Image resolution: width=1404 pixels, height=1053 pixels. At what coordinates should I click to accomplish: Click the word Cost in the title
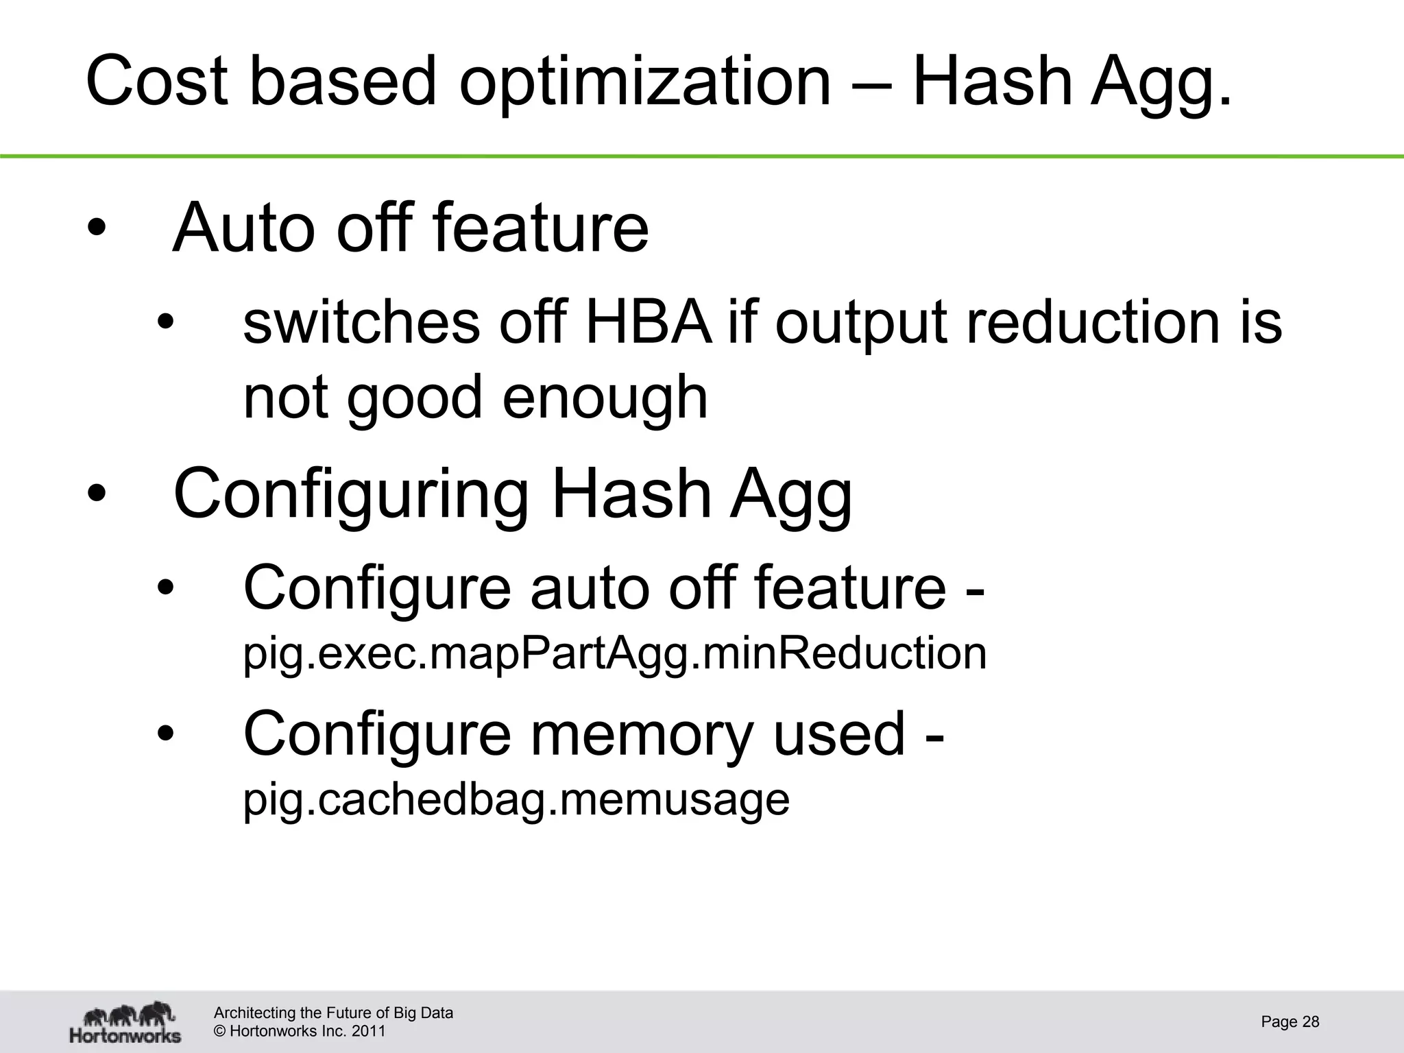(157, 82)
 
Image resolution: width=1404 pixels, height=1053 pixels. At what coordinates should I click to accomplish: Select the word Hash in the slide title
(991, 82)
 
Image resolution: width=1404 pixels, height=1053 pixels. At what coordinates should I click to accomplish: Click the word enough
(605, 398)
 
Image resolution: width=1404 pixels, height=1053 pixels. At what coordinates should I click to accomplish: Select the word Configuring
(352, 495)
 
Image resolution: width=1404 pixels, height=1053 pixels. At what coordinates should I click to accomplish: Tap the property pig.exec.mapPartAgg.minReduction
(615, 653)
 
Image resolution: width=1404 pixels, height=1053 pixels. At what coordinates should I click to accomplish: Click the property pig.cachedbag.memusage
(516, 799)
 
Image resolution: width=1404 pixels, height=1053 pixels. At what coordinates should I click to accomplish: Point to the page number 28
(1310, 1022)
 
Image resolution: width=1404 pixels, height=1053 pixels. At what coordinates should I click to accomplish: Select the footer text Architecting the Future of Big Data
(333, 1013)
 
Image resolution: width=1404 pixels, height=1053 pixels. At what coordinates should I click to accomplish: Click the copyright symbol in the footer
(220, 1031)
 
